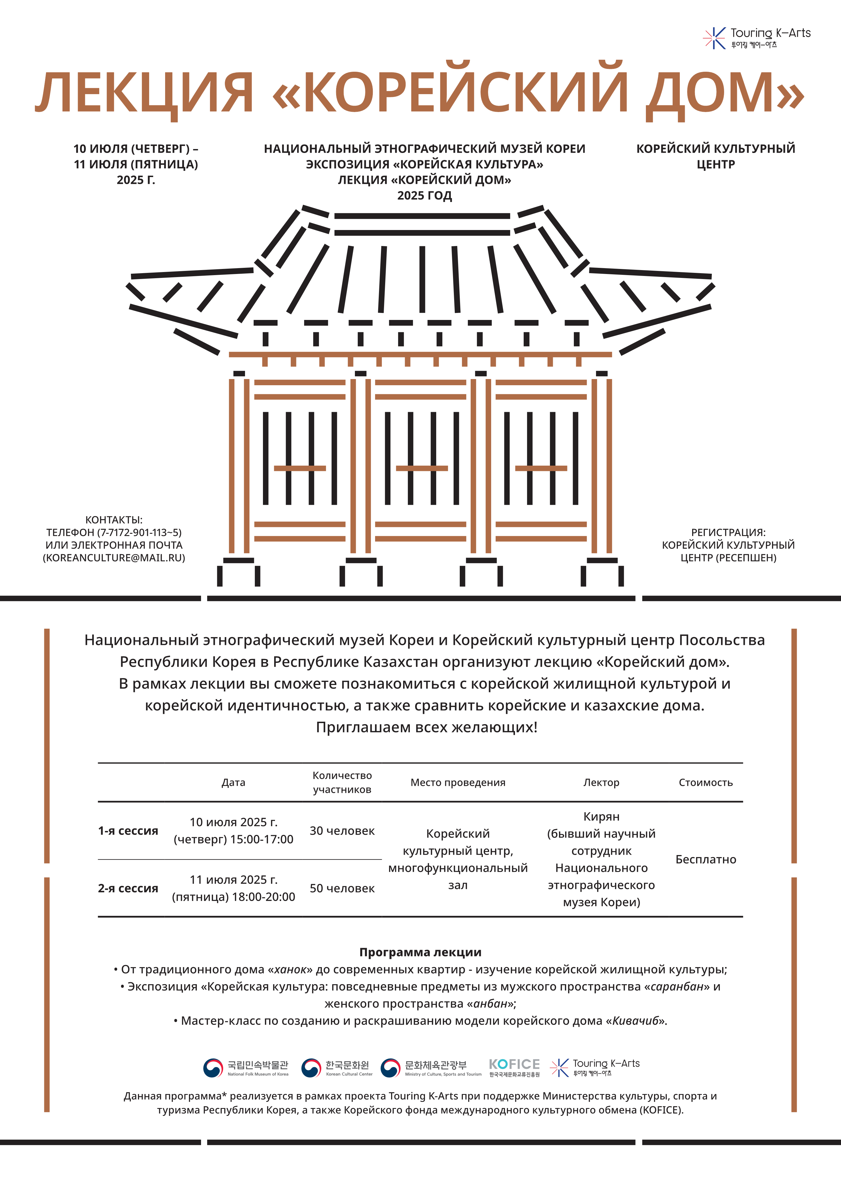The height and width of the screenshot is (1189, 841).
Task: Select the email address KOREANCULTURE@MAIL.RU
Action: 114,558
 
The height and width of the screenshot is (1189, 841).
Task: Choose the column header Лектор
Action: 601,782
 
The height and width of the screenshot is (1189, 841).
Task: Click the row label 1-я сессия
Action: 128,831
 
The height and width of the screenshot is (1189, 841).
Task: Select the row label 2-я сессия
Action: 128,888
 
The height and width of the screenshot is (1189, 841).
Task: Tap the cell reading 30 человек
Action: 342,831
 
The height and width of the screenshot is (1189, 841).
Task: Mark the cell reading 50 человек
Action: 342,888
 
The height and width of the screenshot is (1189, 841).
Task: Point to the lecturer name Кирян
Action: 601,817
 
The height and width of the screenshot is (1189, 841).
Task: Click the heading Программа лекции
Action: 420,952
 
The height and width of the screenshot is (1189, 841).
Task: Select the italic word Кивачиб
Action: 635,1021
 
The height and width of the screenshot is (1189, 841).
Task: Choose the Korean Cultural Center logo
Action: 337,1067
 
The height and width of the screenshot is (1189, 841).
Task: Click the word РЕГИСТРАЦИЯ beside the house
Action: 728,532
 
